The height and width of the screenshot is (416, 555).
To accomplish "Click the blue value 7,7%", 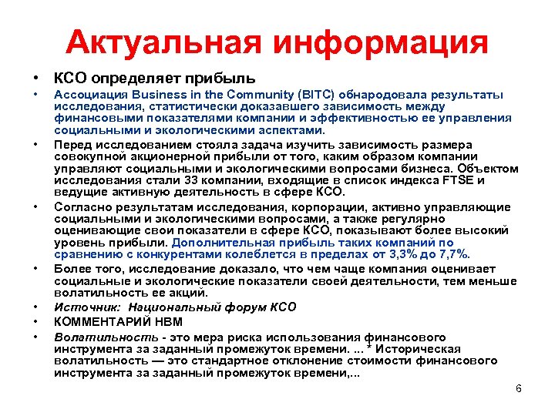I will point(454,253).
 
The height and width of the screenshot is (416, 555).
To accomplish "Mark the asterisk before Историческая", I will point(388,348).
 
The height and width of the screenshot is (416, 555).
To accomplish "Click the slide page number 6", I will point(518,388).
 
